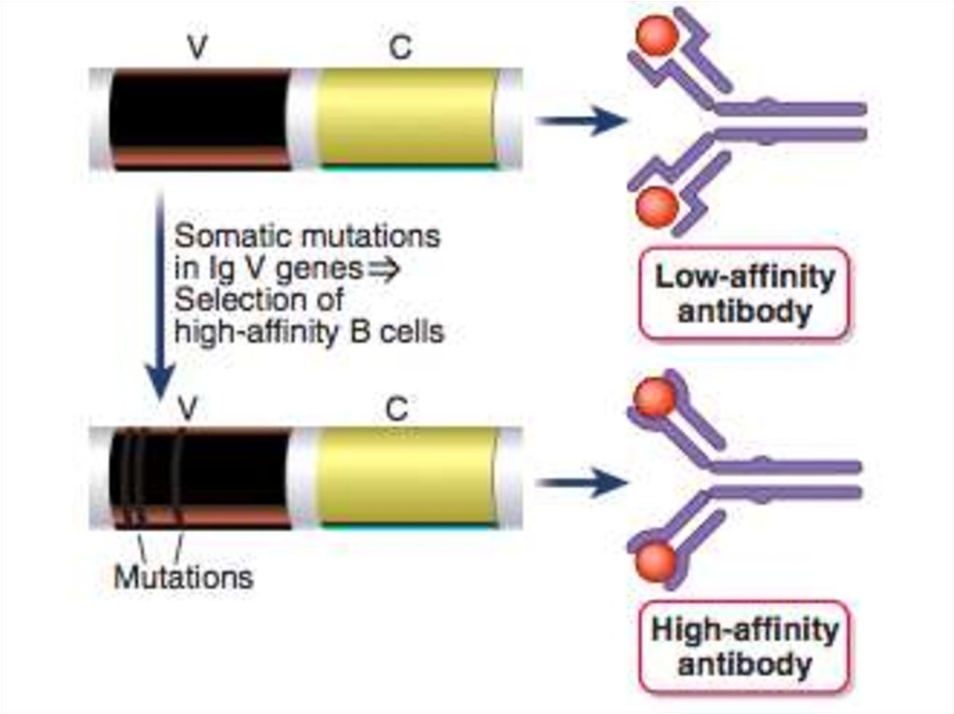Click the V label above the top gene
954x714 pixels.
pos(196,48)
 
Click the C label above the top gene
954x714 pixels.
pos(400,48)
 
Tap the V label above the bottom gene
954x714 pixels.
pos(189,409)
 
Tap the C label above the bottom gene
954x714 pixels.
pos(397,409)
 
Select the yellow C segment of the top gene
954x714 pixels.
pos(405,116)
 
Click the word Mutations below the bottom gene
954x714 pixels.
pos(183,577)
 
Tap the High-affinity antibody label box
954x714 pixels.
pos(743,647)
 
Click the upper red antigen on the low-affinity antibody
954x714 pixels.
pos(657,36)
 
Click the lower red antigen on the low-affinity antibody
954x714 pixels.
pos(658,202)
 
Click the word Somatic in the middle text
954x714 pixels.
pos(227,236)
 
